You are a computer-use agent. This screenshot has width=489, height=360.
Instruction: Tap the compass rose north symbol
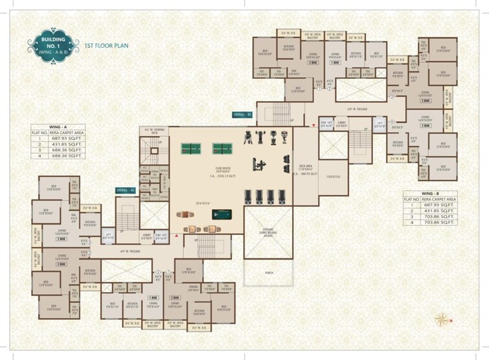click(x=443, y=319)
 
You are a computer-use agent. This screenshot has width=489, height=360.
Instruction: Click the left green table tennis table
click(x=190, y=147)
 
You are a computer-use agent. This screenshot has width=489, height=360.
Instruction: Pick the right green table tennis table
click(x=220, y=147)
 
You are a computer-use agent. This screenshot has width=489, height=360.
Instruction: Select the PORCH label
click(x=268, y=273)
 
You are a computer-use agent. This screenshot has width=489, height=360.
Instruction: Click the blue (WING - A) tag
click(x=124, y=190)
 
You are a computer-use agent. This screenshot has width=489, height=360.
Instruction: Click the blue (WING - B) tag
click(x=242, y=114)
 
